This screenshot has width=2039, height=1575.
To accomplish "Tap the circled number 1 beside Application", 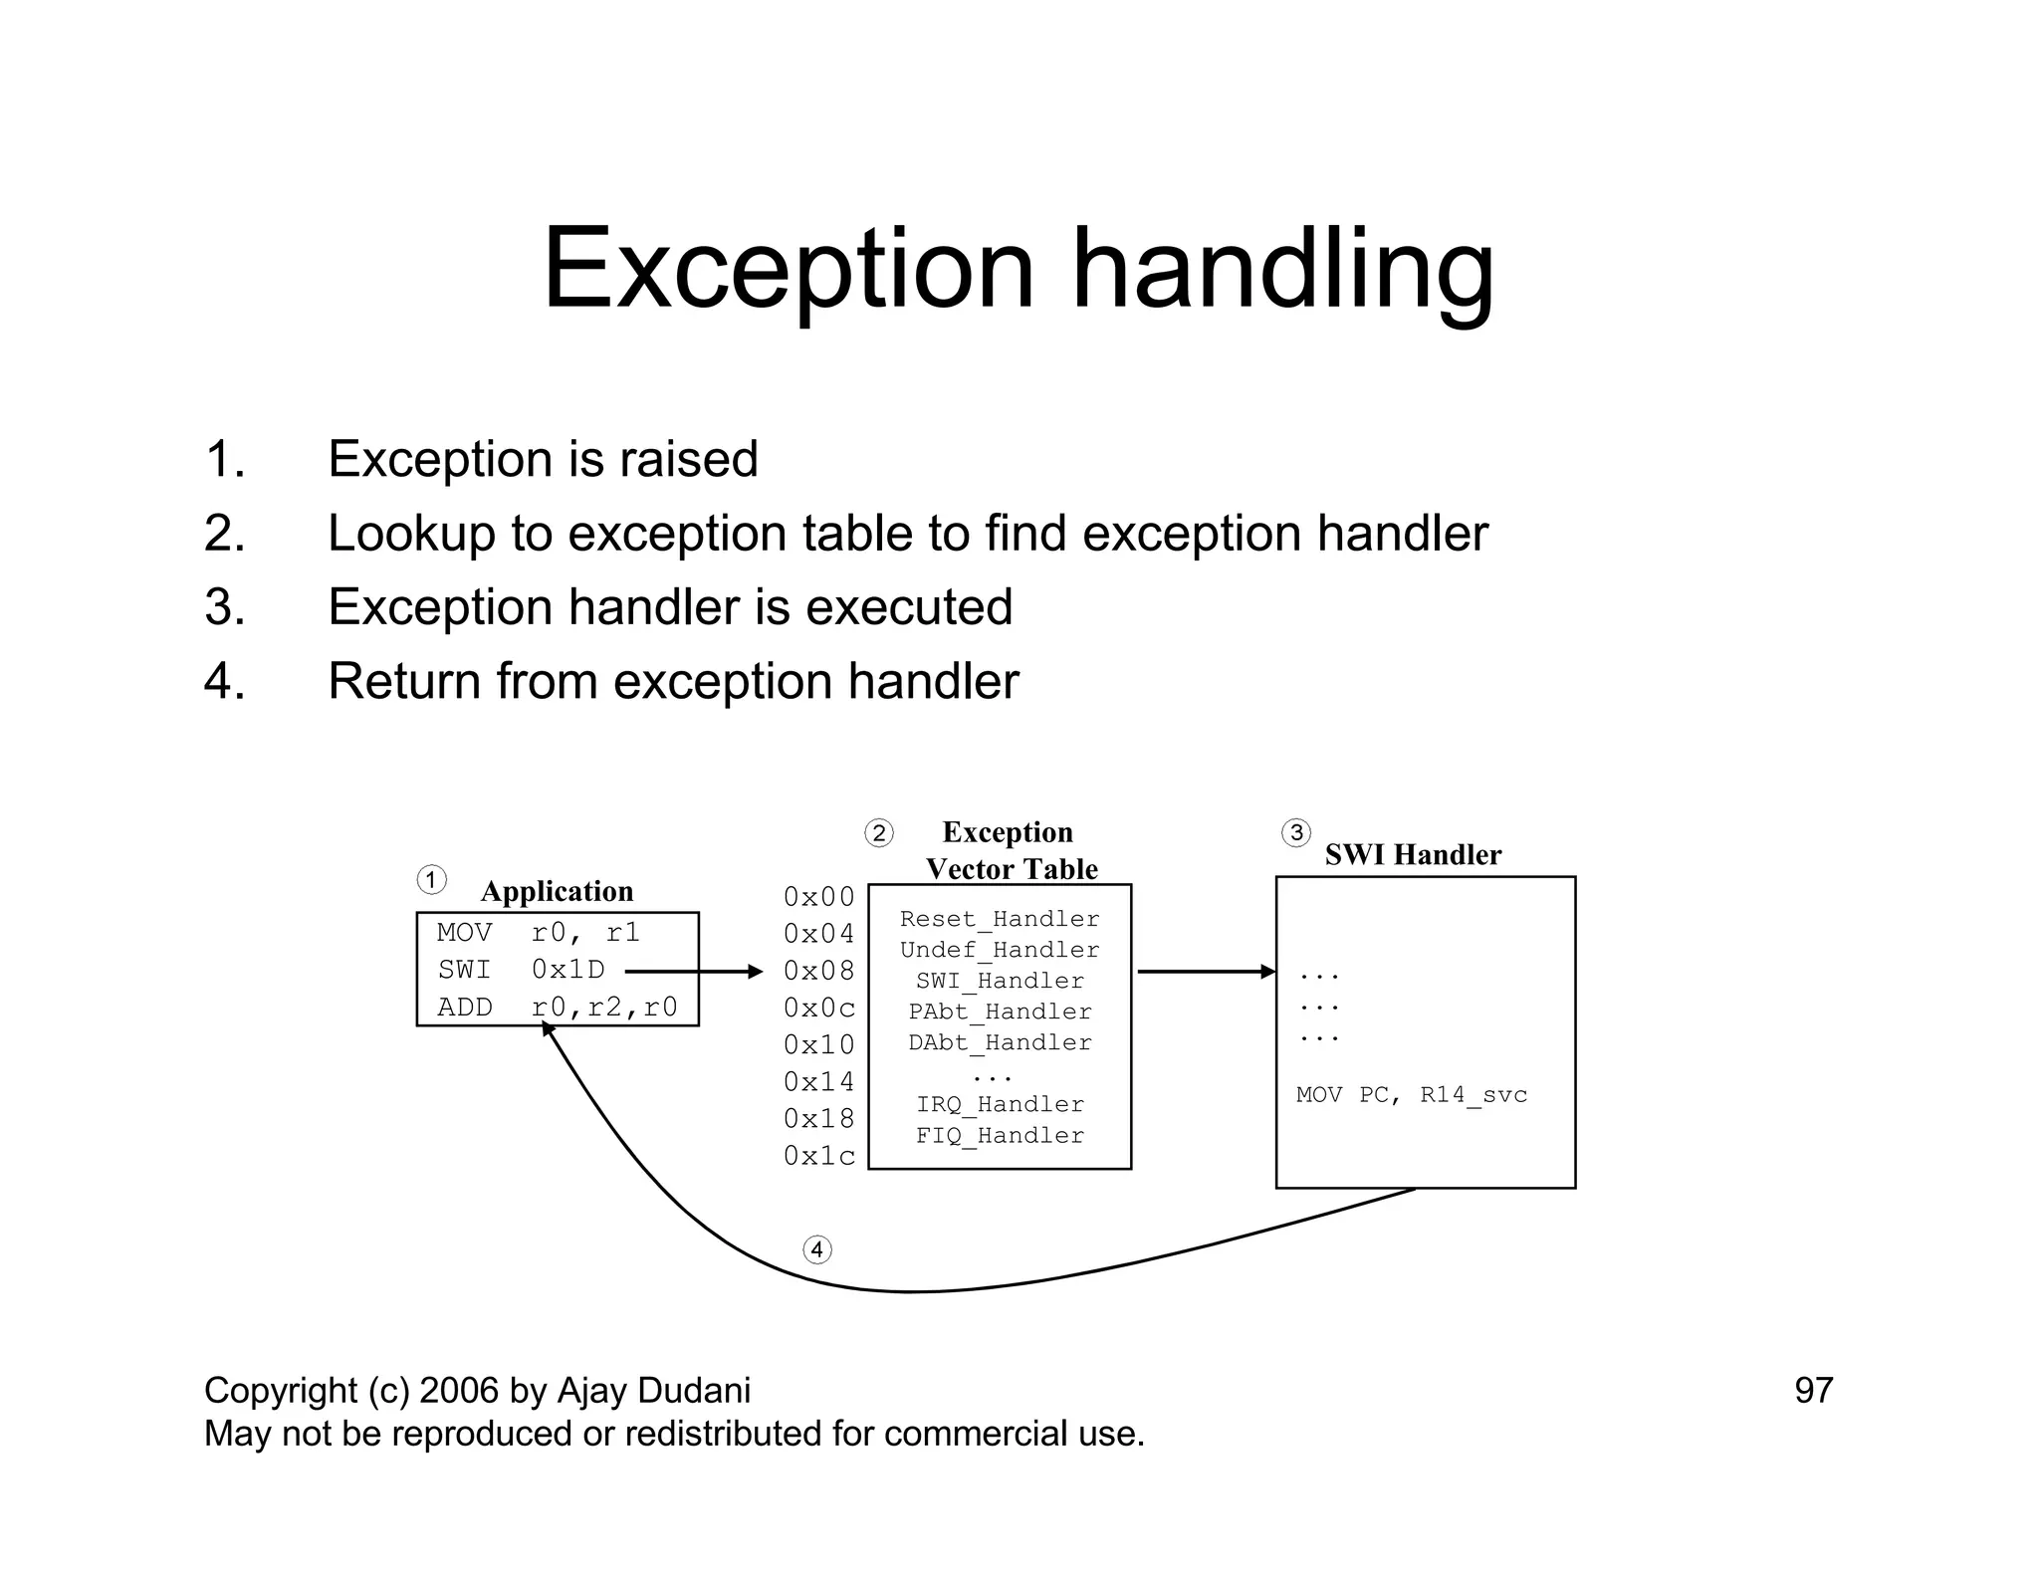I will point(431,880).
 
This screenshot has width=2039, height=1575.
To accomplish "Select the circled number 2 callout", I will point(878,832).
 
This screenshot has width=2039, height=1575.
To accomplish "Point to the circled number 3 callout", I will point(1295,832).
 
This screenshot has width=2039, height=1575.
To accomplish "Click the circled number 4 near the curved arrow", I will point(816,1249).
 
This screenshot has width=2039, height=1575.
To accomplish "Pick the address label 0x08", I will point(818,971).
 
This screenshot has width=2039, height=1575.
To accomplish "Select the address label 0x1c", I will point(818,1156).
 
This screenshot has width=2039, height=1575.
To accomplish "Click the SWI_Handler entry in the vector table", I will point(1000,981).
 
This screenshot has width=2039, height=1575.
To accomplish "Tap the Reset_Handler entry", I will point(1000,919).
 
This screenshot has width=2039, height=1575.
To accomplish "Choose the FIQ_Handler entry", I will point(1000,1135).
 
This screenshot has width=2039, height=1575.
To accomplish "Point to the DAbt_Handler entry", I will point(1000,1042).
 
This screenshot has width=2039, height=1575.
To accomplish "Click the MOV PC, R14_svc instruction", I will point(1411,1095).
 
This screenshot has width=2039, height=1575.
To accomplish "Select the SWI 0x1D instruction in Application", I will point(521,970).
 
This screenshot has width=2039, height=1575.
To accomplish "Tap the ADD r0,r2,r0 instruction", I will point(557,1008).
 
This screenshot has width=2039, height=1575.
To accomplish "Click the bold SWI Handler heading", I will point(1412,854).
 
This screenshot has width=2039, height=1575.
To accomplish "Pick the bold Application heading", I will point(557,891).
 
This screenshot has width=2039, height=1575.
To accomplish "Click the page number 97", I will point(1813,1391).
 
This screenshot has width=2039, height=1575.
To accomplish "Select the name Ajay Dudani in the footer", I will point(653,1391).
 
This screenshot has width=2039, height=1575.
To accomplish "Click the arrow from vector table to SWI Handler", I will point(1205,972).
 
